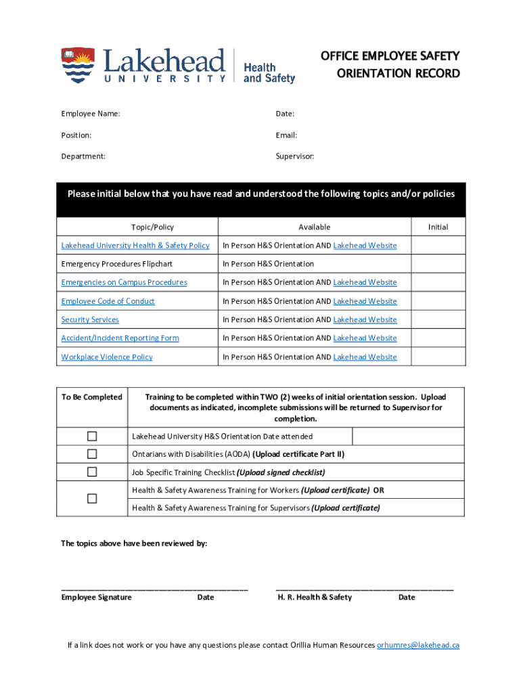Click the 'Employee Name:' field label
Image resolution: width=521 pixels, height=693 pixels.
click(91, 114)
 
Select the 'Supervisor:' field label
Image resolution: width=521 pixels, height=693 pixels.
click(294, 156)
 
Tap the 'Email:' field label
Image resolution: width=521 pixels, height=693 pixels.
click(286, 135)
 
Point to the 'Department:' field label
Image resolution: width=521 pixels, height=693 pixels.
click(83, 156)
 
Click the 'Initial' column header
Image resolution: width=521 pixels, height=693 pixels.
click(438, 227)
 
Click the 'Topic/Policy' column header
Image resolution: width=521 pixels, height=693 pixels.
click(152, 227)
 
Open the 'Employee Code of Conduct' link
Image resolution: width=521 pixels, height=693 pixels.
click(108, 301)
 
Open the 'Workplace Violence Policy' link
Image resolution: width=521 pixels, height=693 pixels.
click(107, 357)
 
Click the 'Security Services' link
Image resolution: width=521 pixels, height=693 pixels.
click(90, 319)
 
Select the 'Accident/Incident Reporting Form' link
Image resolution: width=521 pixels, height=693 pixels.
click(120, 338)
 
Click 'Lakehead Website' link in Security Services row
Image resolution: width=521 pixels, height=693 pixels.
click(365, 319)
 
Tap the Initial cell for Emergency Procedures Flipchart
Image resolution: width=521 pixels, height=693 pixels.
click(438, 264)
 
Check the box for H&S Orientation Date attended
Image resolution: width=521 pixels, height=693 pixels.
click(91, 436)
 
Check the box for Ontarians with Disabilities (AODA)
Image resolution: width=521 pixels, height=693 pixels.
click(91, 454)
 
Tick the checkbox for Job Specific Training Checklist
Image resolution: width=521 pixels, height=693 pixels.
click(91, 472)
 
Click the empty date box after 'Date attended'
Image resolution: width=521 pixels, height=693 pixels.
click(407, 437)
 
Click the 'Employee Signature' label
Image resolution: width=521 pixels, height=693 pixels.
click(97, 597)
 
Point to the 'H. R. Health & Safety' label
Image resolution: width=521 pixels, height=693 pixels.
click(315, 597)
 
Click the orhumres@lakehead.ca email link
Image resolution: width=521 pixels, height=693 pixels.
click(417, 645)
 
